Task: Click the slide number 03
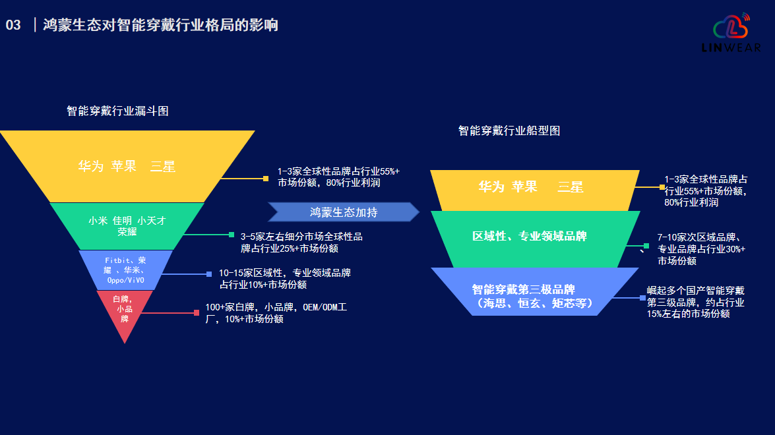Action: pyautogui.click(x=13, y=26)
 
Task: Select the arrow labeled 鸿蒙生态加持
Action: pyautogui.click(x=344, y=212)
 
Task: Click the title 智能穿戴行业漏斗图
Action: pyautogui.click(x=117, y=111)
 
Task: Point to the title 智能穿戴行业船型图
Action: pyautogui.click(x=509, y=130)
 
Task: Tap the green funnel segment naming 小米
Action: pyautogui.click(x=127, y=225)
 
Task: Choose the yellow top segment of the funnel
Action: pyautogui.click(x=127, y=166)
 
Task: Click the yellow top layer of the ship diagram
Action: pyautogui.click(x=534, y=188)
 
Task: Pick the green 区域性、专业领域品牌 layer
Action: pyautogui.click(x=534, y=236)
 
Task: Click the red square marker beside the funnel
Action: pyautogui.click(x=197, y=312)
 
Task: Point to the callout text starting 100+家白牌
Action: pyautogui.click(x=276, y=313)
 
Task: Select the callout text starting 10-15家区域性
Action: pyautogui.click(x=284, y=279)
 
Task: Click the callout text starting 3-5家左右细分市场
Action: pyautogui.click(x=301, y=242)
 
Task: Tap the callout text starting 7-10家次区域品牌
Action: pyautogui.click(x=701, y=248)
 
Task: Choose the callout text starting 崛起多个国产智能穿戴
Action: pyautogui.click(x=696, y=302)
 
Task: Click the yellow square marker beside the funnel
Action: pyautogui.click(x=266, y=178)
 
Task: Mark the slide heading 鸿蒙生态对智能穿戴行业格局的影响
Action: pyautogui.click(x=160, y=26)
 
